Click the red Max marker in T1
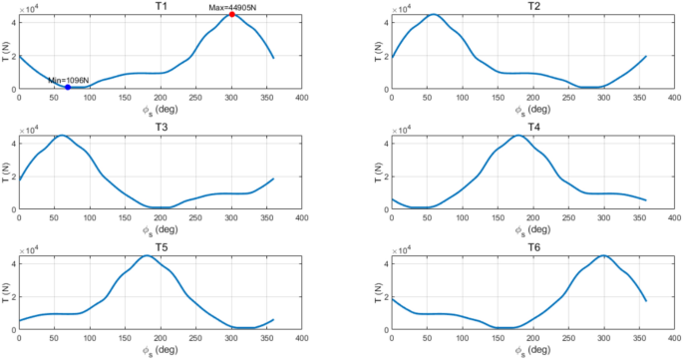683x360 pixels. [231, 15]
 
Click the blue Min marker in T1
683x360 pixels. [68, 87]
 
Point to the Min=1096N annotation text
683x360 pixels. [69, 80]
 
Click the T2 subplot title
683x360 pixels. [533, 6]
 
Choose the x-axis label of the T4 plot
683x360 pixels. [533, 227]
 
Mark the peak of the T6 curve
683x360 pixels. [602, 255]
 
